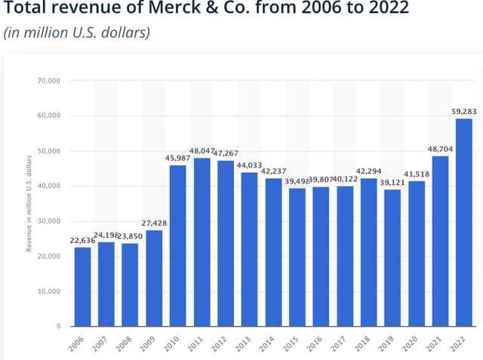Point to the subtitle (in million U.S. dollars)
pos(77,32)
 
